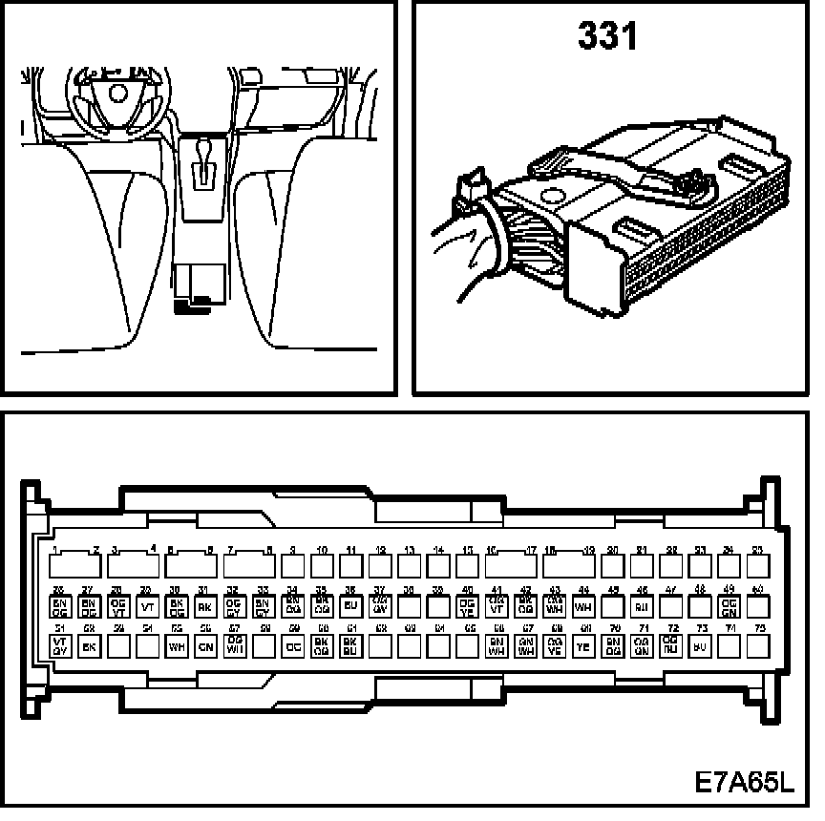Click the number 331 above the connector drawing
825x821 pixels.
pos(607,39)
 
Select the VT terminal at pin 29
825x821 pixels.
pos(148,605)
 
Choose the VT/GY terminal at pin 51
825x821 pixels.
pos(59,646)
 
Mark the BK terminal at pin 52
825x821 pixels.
pos(89,646)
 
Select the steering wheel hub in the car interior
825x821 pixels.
pos(118,92)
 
